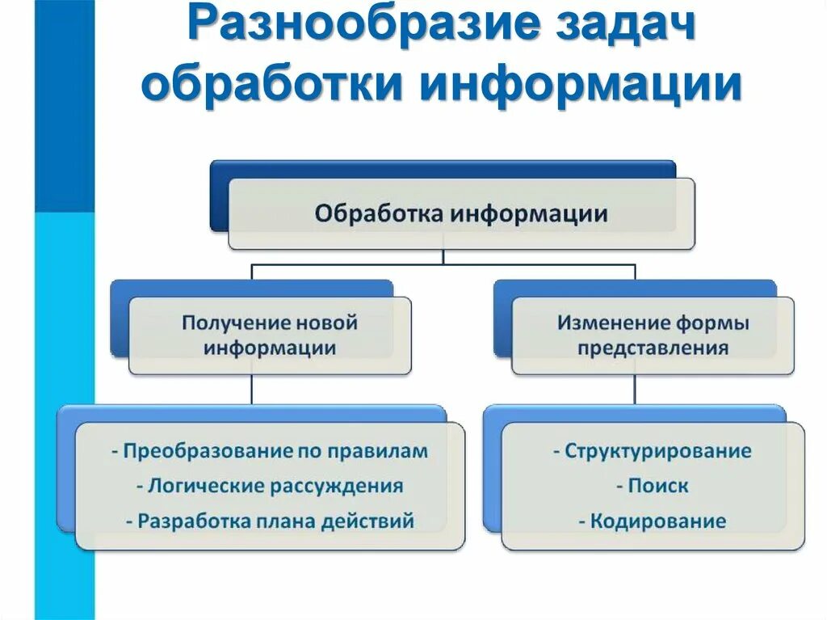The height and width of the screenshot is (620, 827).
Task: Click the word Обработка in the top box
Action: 379,215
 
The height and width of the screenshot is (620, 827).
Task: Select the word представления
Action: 653,349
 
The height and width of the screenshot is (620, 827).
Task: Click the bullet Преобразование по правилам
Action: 270,451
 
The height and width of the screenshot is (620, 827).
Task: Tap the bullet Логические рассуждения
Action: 270,486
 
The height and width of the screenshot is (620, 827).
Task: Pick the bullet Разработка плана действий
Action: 270,521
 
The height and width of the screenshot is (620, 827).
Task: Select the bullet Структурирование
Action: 653,451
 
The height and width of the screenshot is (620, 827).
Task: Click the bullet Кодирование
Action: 653,521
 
